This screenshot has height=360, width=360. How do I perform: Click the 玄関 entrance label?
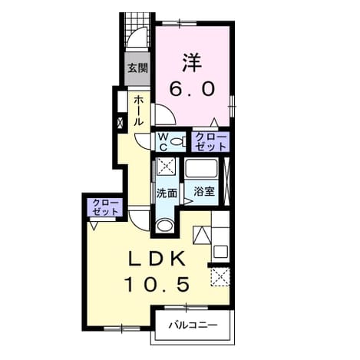coord(138,68)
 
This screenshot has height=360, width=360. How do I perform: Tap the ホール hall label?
coord(138,111)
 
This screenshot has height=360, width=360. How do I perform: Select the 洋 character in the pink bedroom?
coord(192,63)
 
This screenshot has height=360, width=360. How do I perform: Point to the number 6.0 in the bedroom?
coord(192,89)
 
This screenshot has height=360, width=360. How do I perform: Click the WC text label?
coord(163,142)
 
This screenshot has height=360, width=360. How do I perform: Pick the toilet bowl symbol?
coord(178,141)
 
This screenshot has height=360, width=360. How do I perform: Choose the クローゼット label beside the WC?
coord(210,142)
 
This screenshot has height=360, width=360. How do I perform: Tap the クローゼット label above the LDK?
coord(105,207)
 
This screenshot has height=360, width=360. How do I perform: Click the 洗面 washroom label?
coord(167,193)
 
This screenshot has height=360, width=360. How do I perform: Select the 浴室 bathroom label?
coord(203,191)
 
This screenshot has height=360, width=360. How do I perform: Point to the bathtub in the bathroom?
coord(201,168)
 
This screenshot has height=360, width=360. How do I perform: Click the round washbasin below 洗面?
coord(164,226)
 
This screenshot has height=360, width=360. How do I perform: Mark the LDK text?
coord(157,259)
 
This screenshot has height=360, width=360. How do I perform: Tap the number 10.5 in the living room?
coord(157,284)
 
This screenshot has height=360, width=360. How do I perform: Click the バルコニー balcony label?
coord(193,325)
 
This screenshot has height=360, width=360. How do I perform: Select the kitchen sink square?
coord(221,251)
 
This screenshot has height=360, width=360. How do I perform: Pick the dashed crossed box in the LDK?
coord(220,277)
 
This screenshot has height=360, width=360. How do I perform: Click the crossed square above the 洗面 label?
coord(166,166)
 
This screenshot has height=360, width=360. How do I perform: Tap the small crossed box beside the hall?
coord(120,124)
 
